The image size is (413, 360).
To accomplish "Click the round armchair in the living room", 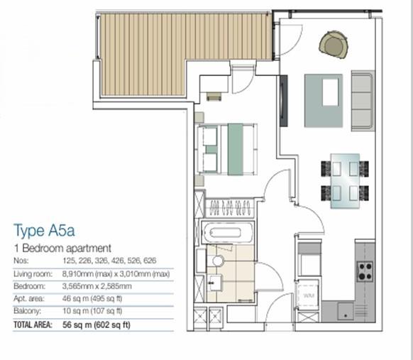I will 334,45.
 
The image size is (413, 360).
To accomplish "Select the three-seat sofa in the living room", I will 363,100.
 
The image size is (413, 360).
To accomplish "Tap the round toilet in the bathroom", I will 218,262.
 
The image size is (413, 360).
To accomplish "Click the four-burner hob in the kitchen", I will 365,271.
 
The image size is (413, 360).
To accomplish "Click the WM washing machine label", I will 308,294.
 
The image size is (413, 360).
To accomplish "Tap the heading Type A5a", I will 44,231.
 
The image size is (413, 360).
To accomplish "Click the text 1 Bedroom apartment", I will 63,249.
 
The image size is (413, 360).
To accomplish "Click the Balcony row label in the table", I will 28,311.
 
